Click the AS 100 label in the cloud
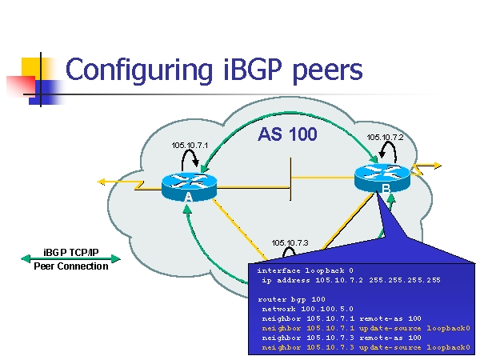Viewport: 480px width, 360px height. [287, 134]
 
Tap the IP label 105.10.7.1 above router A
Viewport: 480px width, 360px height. [190, 145]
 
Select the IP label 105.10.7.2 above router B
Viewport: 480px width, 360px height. [385, 137]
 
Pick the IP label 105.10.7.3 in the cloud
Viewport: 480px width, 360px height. [290, 242]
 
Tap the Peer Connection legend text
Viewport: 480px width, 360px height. [70, 266]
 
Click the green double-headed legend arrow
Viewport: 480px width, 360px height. [70, 259]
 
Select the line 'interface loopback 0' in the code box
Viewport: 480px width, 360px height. [305, 270]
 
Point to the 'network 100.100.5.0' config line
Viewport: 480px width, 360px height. [307, 308]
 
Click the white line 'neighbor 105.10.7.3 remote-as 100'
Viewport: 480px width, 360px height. [341, 337]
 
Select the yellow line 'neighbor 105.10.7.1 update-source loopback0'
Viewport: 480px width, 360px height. [366, 327]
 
